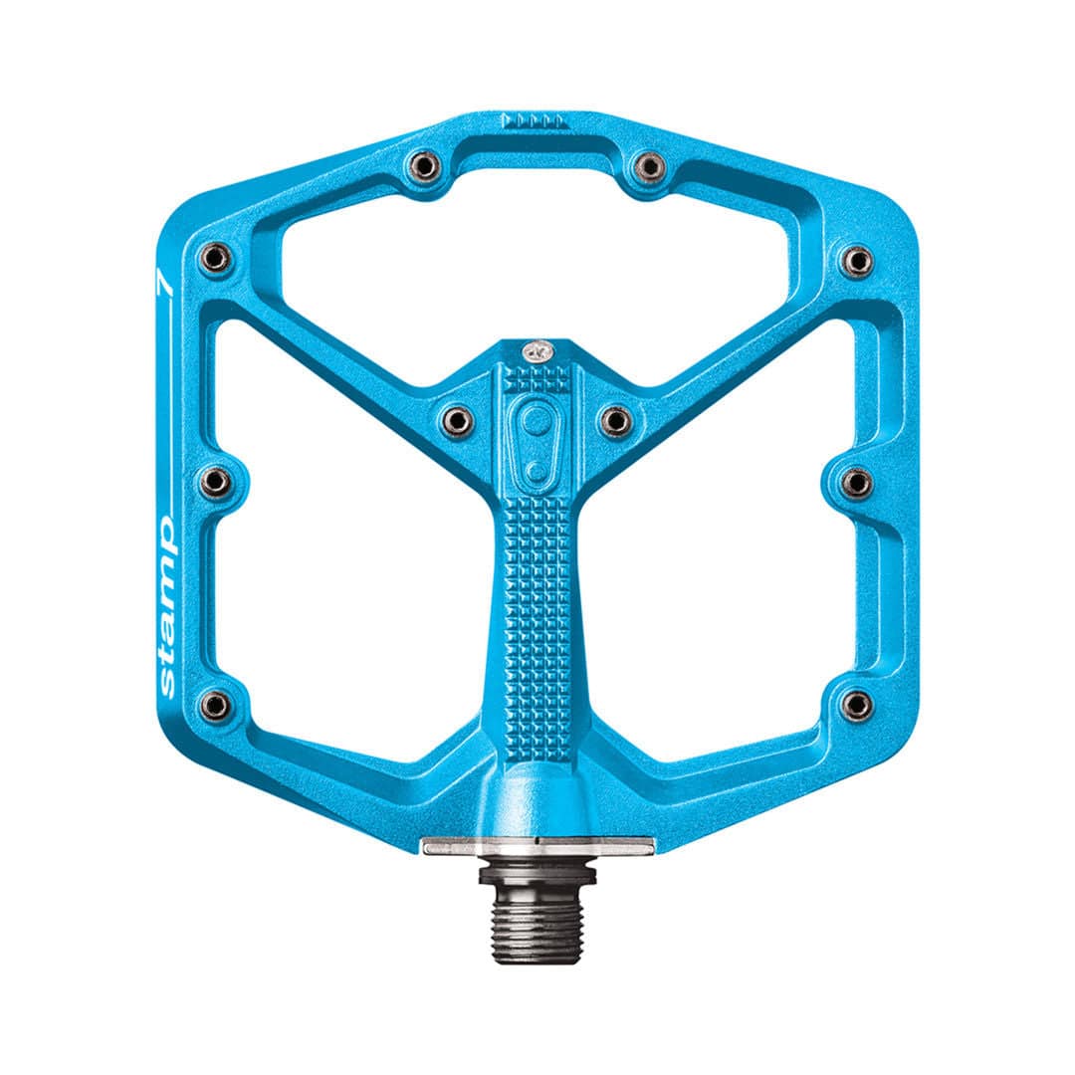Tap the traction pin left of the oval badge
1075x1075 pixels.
(x=456, y=419)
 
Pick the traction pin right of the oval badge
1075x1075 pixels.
(x=616, y=419)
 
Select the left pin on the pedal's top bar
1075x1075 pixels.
(x=425, y=165)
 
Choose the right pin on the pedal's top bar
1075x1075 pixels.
(x=648, y=165)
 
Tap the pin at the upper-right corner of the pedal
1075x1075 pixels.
(x=856, y=262)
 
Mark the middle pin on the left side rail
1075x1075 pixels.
(x=214, y=483)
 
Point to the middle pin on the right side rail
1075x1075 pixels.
(x=856, y=484)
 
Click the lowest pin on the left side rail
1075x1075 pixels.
(x=214, y=705)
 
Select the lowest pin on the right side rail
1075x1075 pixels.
(x=856, y=705)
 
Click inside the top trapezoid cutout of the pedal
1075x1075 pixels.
(x=537, y=259)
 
